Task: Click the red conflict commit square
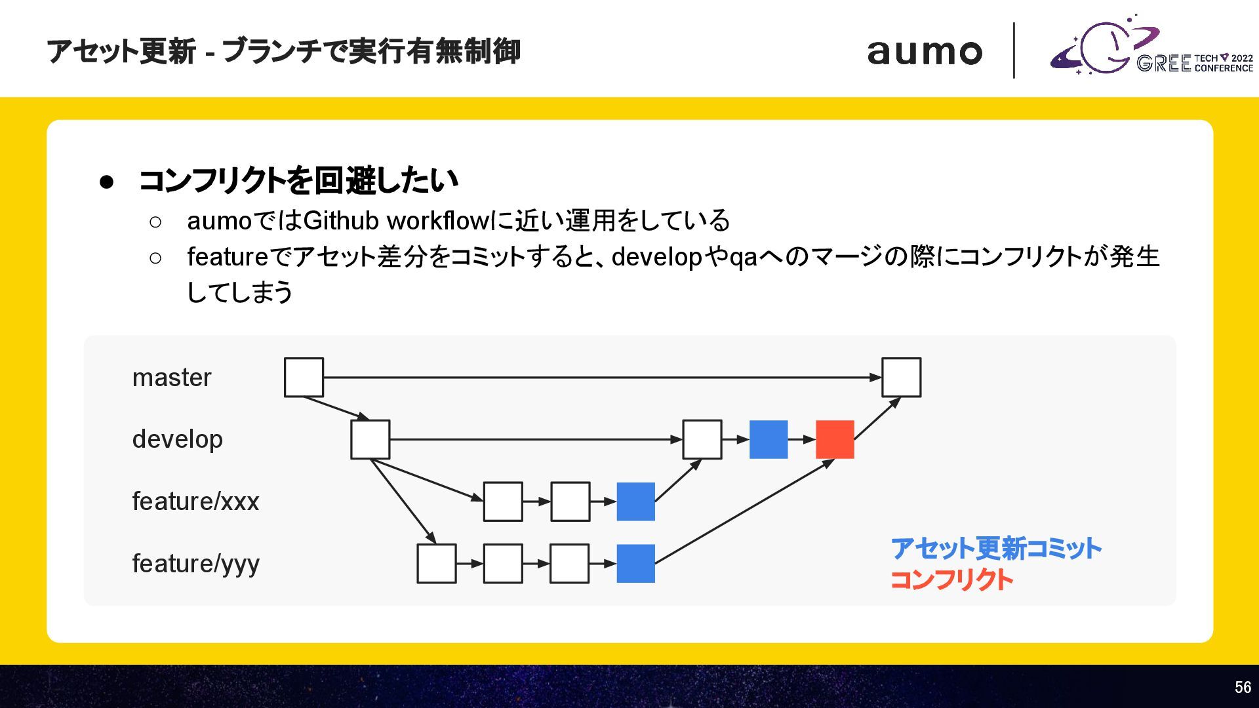(x=835, y=439)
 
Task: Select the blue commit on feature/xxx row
(x=635, y=501)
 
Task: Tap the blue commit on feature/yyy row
(x=635, y=563)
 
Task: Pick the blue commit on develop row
(x=768, y=439)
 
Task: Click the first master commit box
(x=304, y=377)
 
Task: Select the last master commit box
(x=901, y=377)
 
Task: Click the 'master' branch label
(x=172, y=378)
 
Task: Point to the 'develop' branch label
(x=177, y=439)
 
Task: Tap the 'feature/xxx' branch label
(x=195, y=501)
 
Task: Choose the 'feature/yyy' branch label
(x=195, y=564)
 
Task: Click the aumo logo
(x=925, y=52)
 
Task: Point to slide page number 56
(x=1243, y=687)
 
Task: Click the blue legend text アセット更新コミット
(x=995, y=549)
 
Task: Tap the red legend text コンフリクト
(x=951, y=580)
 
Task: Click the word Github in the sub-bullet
(x=341, y=221)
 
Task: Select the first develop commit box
(x=370, y=439)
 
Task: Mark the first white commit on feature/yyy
(x=436, y=563)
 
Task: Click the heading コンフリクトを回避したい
(x=298, y=180)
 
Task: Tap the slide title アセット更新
(x=121, y=52)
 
